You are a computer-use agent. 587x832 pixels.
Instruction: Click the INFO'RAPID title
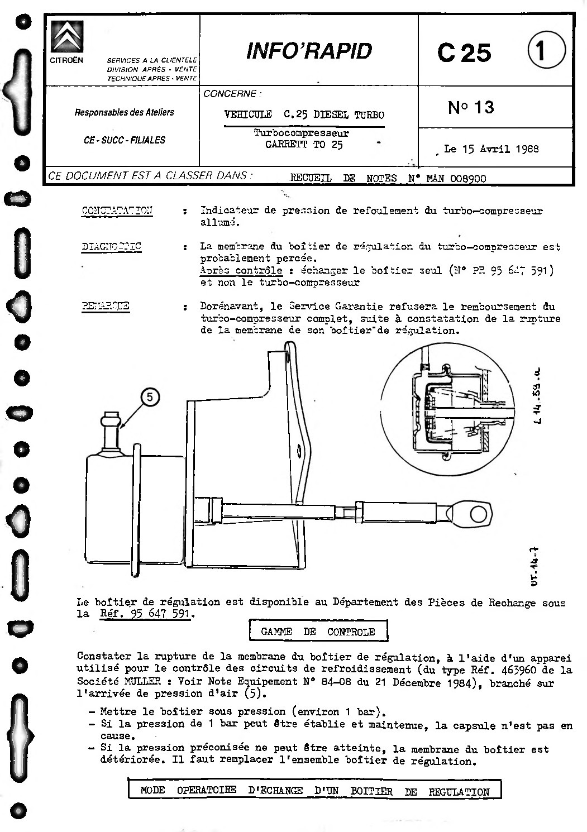pyautogui.click(x=308, y=51)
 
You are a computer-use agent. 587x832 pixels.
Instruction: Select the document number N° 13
pyautogui.click(x=471, y=107)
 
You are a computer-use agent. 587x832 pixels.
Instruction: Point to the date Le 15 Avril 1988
pyautogui.click(x=491, y=149)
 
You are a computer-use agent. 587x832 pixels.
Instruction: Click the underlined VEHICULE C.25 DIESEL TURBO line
pyautogui.click(x=304, y=115)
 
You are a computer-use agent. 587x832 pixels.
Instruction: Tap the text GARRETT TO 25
pyautogui.click(x=304, y=145)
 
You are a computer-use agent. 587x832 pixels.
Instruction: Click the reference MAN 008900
pyautogui.click(x=456, y=179)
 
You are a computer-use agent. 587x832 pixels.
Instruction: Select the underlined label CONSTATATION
pyautogui.click(x=117, y=211)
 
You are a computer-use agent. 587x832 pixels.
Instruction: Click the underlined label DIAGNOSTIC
pyautogui.click(x=111, y=246)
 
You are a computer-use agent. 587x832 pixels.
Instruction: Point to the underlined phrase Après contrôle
pyautogui.click(x=241, y=270)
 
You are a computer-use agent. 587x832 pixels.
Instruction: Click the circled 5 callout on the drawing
pyautogui.click(x=150, y=396)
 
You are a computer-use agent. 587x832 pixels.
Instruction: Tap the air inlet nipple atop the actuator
pyautogui.click(x=110, y=429)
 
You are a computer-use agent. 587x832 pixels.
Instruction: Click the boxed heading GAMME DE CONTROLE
pyautogui.click(x=318, y=632)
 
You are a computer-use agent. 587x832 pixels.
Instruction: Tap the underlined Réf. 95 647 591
pyautogui.click(x=145, y=614)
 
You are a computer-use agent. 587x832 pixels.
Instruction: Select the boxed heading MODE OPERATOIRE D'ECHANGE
pyautogui.click(x=314, y=791)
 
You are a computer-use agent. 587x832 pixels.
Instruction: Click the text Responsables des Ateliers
pyautogui.click(x=124, y=112)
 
